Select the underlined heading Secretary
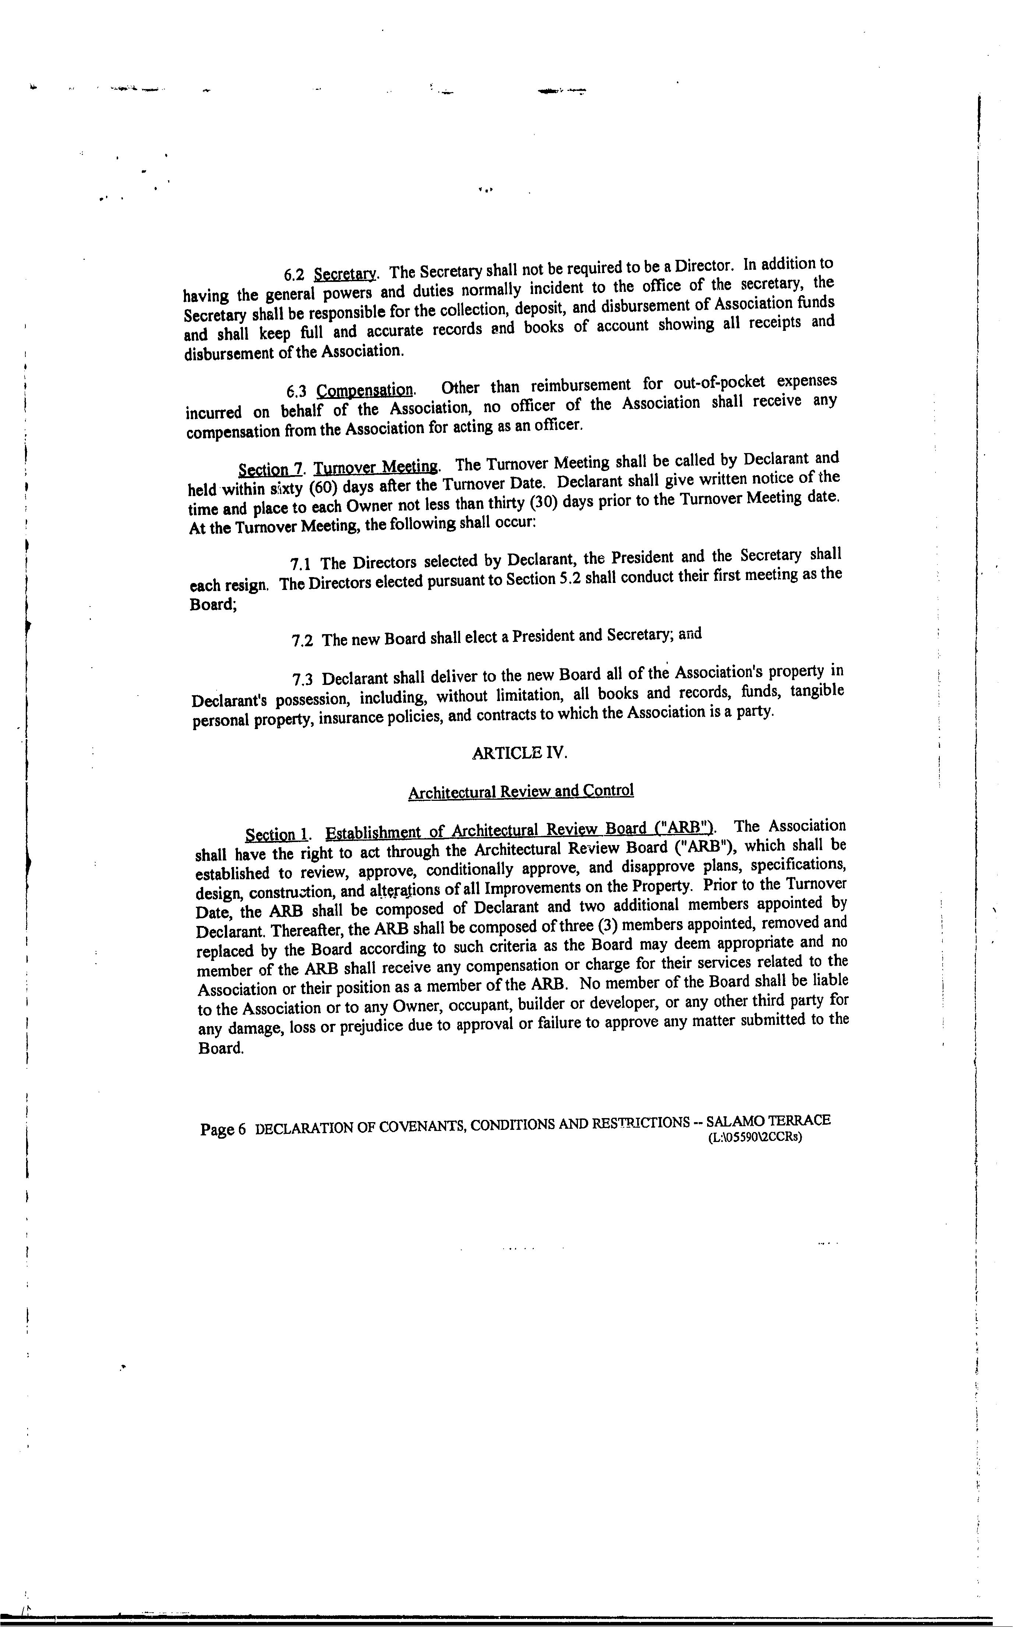click(x=346, y=274)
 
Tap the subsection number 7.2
click(x=302, y=641)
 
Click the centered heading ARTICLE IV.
click(x=519, y=753)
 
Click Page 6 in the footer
click(x=222, y=1130)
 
